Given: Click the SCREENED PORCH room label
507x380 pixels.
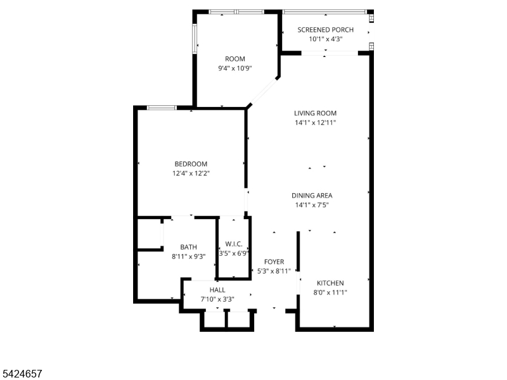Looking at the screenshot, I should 325,30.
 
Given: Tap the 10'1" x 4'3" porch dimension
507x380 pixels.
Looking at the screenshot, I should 325,39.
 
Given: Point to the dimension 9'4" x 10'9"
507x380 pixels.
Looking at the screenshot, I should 235,68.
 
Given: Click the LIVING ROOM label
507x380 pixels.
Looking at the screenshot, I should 315,113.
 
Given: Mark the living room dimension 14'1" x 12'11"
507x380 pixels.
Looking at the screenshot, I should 315,123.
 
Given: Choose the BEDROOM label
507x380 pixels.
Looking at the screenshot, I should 191,164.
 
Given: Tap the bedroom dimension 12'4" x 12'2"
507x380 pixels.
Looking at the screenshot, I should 191,174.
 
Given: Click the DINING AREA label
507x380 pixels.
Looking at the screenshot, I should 312,196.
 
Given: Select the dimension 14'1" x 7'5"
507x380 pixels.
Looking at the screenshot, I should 312,205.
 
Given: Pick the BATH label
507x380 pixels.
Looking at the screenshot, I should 188,247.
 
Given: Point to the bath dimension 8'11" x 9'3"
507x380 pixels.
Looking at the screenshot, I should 188,256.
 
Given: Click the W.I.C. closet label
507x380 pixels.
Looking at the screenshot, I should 234,244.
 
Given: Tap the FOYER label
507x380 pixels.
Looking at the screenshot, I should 274,262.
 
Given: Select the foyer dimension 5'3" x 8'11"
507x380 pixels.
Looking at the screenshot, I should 274,271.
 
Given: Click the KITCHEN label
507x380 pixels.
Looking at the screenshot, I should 330,283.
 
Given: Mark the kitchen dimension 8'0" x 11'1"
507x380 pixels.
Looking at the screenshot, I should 330,293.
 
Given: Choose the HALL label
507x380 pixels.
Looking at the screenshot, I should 217,290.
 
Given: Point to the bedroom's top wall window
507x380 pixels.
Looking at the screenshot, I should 162,108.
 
